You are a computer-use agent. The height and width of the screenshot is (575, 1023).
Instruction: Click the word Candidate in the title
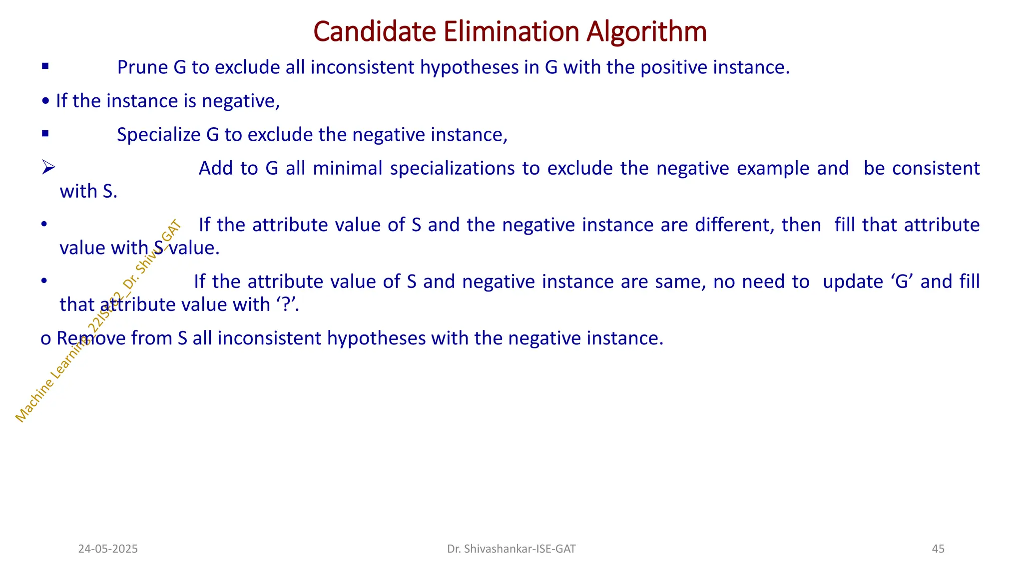click(x=375, y=31)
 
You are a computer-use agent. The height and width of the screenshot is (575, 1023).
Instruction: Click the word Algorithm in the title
click(x=646, y=32)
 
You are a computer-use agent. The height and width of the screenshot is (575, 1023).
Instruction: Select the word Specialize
click(x=158, y=135)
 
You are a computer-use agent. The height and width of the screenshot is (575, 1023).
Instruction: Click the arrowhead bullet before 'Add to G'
click(x=48, y=168)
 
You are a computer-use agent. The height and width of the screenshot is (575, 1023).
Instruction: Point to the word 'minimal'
click(x=348, y=168)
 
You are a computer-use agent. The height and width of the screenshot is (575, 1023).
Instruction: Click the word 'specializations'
click(x=452, y=168)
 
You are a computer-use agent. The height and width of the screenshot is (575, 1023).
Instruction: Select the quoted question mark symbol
click(x=286, y=304)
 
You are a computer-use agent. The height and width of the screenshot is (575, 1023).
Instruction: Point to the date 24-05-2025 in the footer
click(x=108, y=549)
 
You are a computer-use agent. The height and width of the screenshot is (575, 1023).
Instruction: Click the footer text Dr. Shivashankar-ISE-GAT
click(x=511, y=549)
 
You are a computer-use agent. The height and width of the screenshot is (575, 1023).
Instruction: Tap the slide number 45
click(x=938, y=549)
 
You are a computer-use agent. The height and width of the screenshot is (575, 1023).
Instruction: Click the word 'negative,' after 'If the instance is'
click(x=241, y=101)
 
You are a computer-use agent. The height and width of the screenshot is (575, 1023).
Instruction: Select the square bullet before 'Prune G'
click(x=45, y=66)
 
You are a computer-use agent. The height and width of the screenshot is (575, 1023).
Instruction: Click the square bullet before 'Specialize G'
click(x=45, y=133)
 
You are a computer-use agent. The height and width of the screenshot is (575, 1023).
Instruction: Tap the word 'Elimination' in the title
click(x=511, y=31)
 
